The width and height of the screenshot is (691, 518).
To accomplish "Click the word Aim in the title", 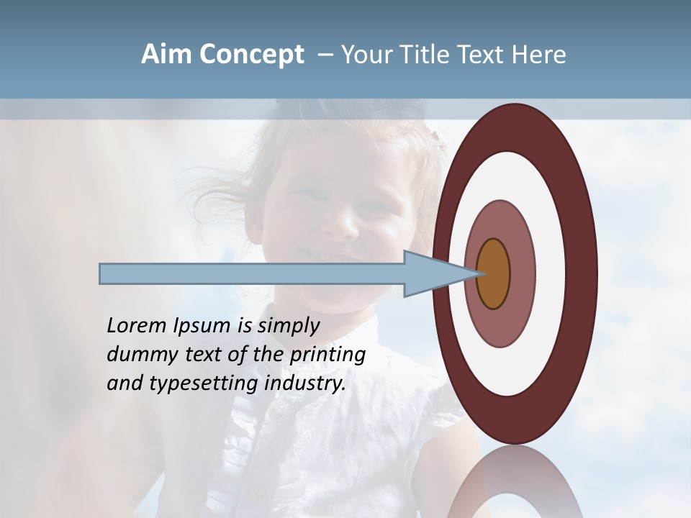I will (x=166, y=55).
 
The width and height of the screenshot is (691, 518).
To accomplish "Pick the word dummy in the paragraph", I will (x=135, y=355).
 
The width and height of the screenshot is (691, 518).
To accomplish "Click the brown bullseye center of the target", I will (x=493, y=273).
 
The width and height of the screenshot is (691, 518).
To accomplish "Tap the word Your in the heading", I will (x=364, y=55).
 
